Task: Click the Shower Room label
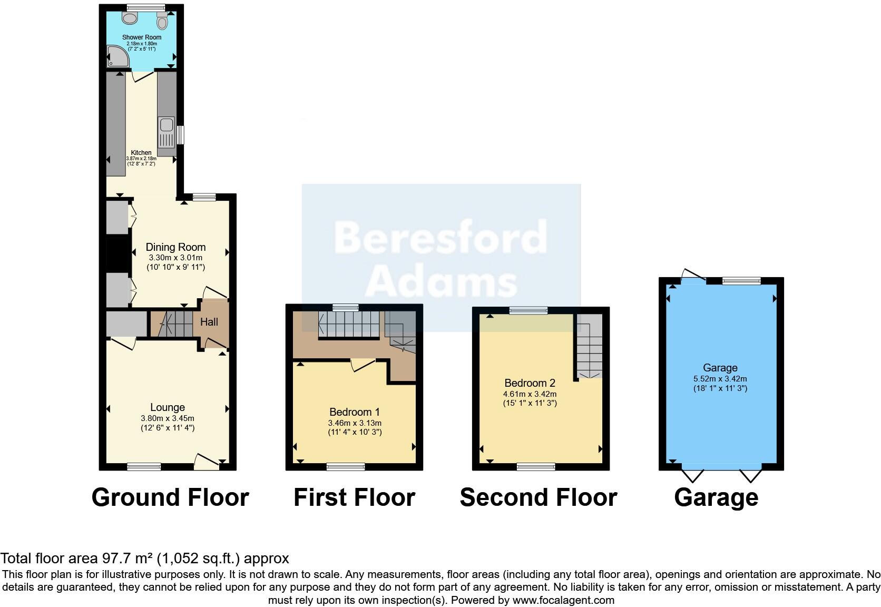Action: [142, 37]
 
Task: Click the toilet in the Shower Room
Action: [162, 21]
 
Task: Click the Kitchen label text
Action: [141, 153]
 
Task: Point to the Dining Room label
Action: [175, 247]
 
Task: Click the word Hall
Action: [209, 322]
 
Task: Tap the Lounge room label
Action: [168, 407]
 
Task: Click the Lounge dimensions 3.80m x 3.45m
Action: [168, 418]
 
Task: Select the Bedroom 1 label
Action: [355, 412]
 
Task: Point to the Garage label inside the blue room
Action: [720, 368]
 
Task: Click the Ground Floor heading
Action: [170, 497]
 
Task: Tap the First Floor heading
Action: [354, 497]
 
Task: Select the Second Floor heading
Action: [538, 497]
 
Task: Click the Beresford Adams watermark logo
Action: [440, 258]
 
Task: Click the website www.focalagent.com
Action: [563, 600]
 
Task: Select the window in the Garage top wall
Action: [741, 281]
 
